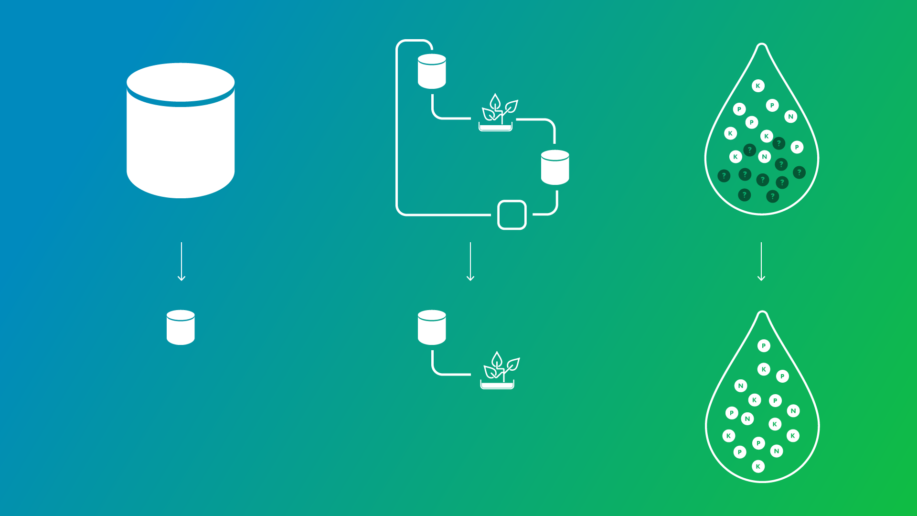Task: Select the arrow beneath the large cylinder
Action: (181, 261)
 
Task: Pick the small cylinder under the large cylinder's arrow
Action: (181, 328)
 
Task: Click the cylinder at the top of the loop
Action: (432, 72)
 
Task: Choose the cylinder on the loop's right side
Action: (555, 168)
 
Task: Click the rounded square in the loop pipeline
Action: (512, 215)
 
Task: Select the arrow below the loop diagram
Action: (470, 261)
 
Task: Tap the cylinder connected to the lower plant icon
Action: (432, 328)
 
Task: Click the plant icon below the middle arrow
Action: (499, 371)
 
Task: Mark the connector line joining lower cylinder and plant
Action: (444, 373)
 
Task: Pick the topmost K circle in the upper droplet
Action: (758, 86)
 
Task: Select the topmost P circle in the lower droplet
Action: (764, 345)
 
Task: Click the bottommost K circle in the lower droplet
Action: (758, 466)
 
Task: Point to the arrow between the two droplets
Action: (761, 261)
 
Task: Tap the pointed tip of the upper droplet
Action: (762, 46)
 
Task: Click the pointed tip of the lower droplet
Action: (763, 313)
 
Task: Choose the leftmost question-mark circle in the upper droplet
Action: (724, 176)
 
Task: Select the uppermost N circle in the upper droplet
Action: (790, 117)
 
